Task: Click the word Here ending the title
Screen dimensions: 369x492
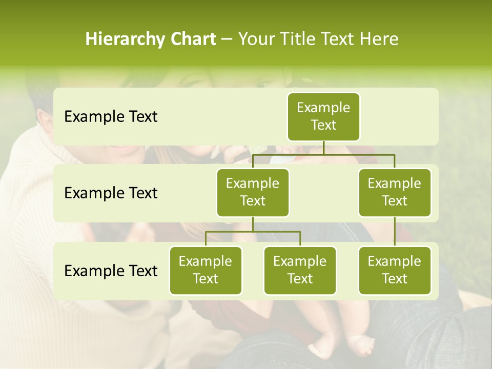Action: [379, 39]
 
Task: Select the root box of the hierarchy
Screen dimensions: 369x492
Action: [323, 116]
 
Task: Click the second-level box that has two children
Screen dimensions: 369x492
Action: [253, 192]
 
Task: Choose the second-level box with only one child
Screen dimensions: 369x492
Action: [395, 192]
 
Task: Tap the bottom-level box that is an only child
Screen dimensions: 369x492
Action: [395, 270]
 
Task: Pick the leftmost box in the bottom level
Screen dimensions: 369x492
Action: [206, 270]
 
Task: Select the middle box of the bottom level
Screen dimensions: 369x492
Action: [300, 270]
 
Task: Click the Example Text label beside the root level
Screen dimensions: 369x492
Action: [111, 117]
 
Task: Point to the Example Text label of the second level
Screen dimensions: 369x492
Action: [111, 193]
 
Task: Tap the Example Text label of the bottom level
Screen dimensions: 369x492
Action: [111, 271]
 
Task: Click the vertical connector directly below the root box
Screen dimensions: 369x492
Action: [323, 148]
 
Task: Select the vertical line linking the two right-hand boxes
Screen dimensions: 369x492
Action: [395, 232]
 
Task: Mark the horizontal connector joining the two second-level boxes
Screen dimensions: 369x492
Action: [323, 154]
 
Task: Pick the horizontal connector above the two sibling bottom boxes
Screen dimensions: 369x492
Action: [253, 232]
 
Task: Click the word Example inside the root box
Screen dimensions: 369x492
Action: [323, 108]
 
